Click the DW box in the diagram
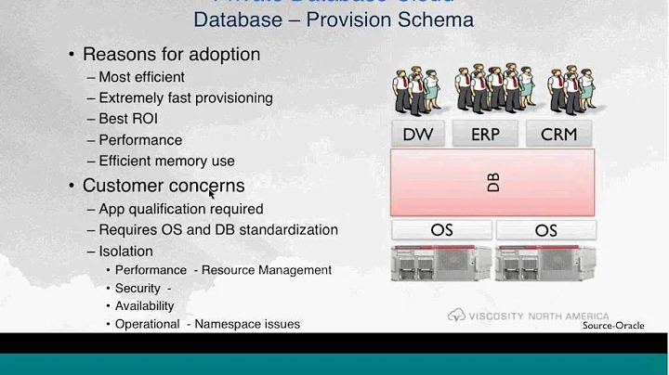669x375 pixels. coord(418,134)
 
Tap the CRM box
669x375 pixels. coord(558,134)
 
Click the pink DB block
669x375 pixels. coord(492,182)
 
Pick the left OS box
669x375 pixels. coord(441,229)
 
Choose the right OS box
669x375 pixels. coord(545,229)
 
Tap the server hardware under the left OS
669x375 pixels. coord(441,264)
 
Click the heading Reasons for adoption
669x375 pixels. coord(171,54)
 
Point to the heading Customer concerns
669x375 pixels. coord(164,186)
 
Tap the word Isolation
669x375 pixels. coord(125,251)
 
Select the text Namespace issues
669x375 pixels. coord(247,324)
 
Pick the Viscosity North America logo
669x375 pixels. coord(530,315)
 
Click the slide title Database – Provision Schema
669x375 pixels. coord(333,19)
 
